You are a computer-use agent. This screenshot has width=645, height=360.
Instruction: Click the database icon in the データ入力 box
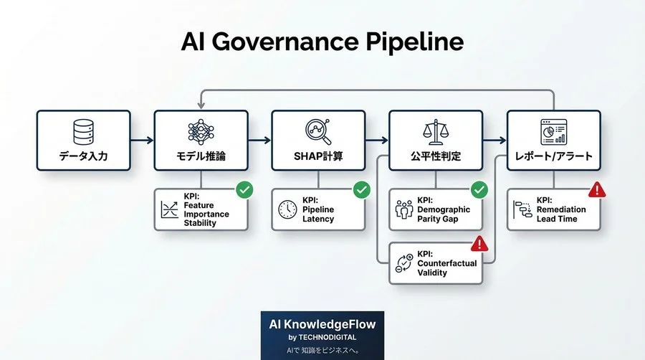83,131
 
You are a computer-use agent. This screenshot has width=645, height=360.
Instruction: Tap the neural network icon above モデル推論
201,131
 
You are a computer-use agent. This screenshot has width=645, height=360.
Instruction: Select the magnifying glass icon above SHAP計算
318,131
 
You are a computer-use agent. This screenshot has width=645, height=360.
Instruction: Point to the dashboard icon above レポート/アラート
553,131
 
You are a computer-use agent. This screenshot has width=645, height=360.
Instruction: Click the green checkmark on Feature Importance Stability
244,190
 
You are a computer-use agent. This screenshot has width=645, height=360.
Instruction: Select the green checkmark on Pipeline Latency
362,190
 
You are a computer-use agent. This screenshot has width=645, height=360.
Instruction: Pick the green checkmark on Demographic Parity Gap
479,190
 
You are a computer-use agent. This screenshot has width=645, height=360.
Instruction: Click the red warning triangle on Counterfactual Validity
479,244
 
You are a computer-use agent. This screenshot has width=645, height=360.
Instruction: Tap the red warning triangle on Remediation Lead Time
596,190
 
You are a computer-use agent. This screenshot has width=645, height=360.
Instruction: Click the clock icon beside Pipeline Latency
287,209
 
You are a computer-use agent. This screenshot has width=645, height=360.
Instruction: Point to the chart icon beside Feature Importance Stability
170,209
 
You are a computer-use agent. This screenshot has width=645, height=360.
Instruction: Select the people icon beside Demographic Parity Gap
404,209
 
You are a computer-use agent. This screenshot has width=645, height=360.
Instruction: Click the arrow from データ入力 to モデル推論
142,141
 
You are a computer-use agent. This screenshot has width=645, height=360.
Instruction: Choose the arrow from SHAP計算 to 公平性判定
377,141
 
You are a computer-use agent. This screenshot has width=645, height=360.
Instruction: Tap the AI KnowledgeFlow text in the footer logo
322,324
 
